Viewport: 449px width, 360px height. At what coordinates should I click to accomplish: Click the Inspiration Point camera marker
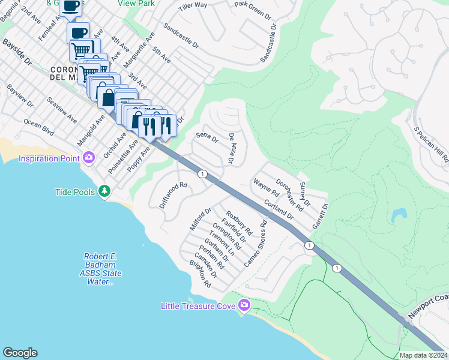pos(89,158)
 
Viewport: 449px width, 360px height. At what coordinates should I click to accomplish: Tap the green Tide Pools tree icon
pos(105,191)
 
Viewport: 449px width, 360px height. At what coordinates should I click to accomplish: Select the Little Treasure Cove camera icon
pos(244,305)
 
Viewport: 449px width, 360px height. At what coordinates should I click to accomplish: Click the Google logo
pos(20,353)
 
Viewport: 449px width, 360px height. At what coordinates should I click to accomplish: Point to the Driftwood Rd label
pos(174,195)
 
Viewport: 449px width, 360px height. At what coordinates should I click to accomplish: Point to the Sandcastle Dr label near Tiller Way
pos(181,35)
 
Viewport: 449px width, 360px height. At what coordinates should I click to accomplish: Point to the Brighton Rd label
pos(200,274)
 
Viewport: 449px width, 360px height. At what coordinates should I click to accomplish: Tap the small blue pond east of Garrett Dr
pos(398,215)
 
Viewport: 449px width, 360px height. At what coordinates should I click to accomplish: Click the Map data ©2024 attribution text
pos(423,355)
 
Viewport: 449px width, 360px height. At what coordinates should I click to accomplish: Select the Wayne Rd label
pos(266,188)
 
